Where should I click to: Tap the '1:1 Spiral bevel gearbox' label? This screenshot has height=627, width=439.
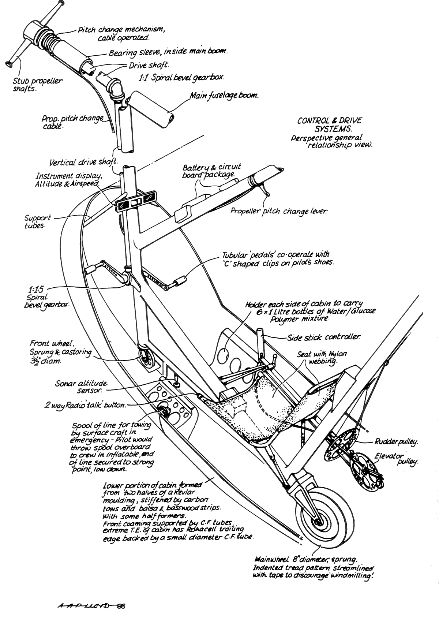coord(182,78)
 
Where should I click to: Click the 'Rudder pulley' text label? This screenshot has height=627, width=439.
coord(396,442)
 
